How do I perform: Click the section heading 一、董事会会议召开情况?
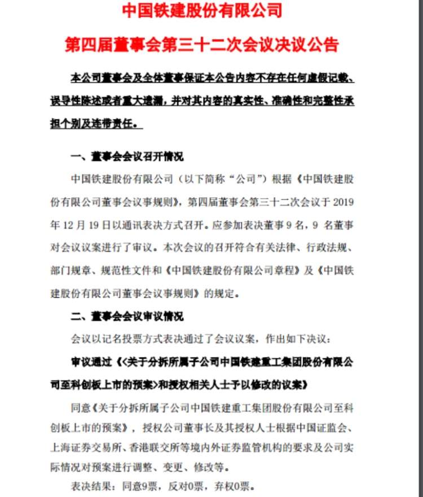pos(127,156)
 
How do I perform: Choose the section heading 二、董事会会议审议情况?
pos(127,317)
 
